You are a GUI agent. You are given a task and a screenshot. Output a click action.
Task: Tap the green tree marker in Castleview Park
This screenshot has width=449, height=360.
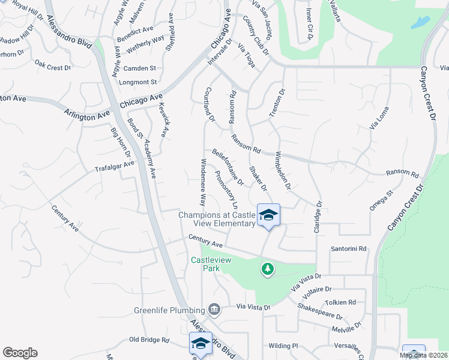click(x=268, y=269)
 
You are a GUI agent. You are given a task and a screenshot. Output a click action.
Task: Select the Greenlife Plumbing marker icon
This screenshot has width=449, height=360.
click(x=214, y=310)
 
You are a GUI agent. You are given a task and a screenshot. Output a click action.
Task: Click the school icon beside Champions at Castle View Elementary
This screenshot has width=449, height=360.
click(x=268, y=215)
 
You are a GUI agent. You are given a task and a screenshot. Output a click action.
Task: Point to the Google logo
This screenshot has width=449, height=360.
click(x=20, y=353)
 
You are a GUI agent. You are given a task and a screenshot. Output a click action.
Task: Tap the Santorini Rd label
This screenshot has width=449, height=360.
click(x=348, y=248)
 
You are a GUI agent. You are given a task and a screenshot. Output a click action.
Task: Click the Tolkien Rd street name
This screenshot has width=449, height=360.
click(x=340, y=302)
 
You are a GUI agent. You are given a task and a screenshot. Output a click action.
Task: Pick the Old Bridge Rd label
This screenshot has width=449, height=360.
click(x=149, y=340)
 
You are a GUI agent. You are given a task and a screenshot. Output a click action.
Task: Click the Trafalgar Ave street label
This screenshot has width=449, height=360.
click(x=114, y=166)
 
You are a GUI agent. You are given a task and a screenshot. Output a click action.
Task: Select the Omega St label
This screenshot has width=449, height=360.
click(x=381, y=201)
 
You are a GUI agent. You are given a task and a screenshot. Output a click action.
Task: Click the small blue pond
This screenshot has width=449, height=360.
click(x=421, y=23)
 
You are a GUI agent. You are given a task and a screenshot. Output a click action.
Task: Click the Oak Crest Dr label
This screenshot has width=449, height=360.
click(x=53, y=68)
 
